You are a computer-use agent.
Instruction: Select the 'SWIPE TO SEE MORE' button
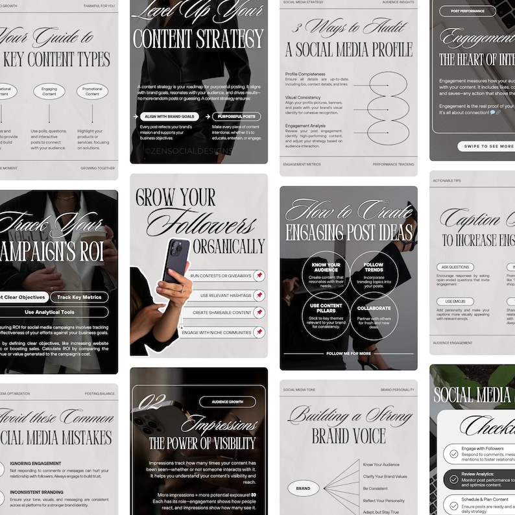[x=486, y=147]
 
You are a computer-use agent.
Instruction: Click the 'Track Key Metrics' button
[x=79, y=297]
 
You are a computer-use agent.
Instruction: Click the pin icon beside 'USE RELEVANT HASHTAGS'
[x=259, y=295]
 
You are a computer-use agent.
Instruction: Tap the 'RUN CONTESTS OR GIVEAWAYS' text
[x=221, y=276]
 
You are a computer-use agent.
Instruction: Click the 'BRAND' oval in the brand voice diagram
[x=303, y=488]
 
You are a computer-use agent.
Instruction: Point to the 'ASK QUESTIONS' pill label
[x=455, y=267]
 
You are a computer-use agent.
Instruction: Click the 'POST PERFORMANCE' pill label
[x=468, y=11]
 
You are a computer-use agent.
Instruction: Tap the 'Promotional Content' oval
[x=93, y=91]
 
